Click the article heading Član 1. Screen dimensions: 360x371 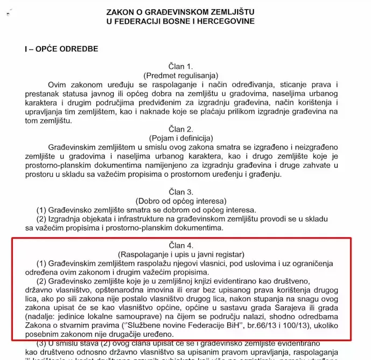tap(183, 66)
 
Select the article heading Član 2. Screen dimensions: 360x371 tap(183, 129)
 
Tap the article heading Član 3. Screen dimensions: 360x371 tap(183, 191)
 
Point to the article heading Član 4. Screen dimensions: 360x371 tap(183, 245)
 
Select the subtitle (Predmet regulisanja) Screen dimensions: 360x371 tap(183, 76)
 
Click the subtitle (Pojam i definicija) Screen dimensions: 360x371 tap(183, 139)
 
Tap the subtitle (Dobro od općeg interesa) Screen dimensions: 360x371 tap(183, 201)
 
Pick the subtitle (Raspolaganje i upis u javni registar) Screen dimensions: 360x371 tap(183, 254)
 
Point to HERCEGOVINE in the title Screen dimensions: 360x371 tap(225, 21)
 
